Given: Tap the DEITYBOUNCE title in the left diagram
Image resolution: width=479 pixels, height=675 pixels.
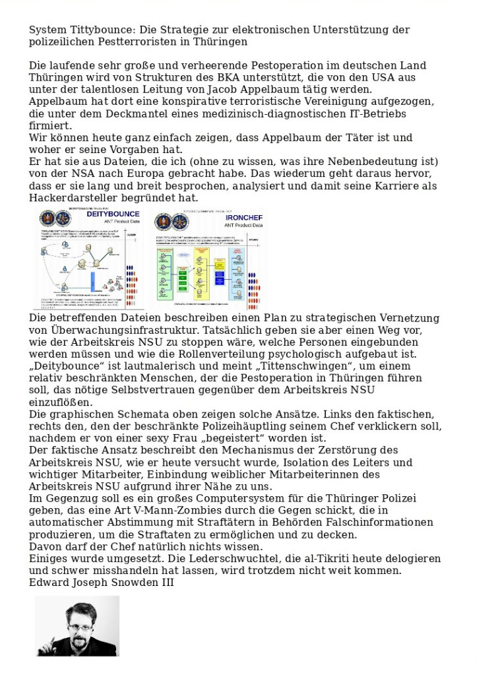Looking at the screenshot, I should pos(113,214).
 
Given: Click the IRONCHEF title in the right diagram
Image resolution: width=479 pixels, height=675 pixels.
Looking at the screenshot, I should pos(244,217).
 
